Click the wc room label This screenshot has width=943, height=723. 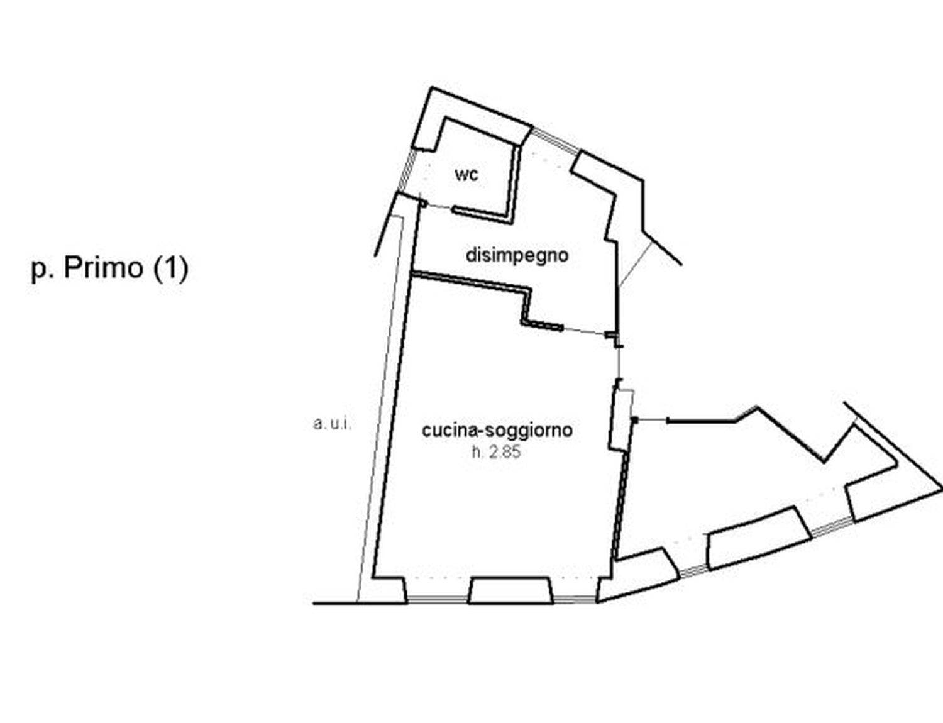466,175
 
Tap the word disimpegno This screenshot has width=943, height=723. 517,256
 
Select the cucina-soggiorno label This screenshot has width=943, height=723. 497,431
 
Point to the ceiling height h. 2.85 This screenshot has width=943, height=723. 496,453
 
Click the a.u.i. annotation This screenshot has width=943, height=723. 332,424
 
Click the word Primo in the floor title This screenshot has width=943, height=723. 103,268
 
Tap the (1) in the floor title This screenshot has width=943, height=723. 170,268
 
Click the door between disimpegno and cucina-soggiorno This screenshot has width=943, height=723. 585,331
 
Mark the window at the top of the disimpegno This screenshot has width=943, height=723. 556,139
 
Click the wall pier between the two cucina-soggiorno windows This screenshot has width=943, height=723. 511,590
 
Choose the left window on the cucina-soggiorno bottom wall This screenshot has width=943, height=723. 438,600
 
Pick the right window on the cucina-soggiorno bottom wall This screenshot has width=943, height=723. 575,600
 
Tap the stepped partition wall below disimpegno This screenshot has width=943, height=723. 486,299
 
